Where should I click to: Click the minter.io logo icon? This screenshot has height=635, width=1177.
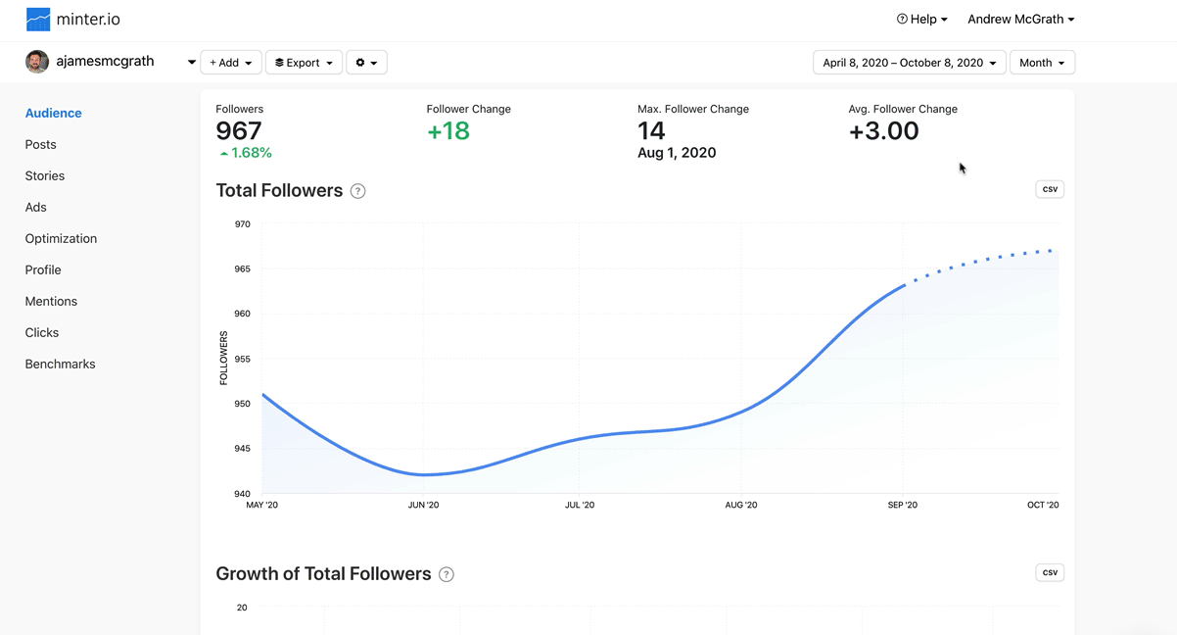[38, 20]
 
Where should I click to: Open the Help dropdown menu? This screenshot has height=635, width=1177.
[921, 20]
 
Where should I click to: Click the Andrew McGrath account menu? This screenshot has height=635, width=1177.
[1020, 20]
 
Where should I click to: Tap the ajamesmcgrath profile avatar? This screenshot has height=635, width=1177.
[37, 62]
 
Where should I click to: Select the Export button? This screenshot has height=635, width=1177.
[304, 63]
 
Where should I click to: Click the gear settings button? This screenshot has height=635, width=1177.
[366, 63]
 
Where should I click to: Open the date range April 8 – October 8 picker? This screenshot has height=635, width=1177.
[909, 63]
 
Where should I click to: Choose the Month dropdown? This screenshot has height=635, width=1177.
[1042, 63]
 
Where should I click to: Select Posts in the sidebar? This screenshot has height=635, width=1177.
[41, 144]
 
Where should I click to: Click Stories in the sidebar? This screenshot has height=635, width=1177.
[45, 175]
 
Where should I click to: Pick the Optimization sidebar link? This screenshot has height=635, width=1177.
[61, 238]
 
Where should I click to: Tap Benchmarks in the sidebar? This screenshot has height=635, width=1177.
[61, 364]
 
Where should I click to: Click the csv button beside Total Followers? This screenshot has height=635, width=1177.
[1050, 189]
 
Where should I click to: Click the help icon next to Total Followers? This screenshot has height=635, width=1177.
[358, 191]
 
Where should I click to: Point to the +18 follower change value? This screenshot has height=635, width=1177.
[448, 131]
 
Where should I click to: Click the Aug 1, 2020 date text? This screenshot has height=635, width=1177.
[677, 153]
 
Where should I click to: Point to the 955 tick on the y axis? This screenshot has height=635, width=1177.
[242, 359]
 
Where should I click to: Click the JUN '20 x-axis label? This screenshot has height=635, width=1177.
[423, 506]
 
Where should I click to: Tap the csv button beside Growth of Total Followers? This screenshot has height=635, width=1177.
[1050, 572]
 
